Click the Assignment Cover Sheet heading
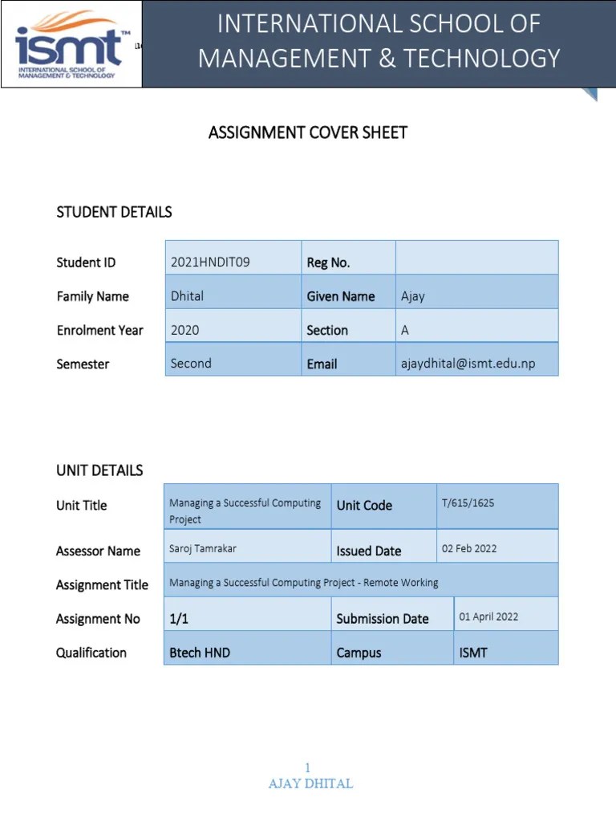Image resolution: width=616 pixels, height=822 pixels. point(308,132)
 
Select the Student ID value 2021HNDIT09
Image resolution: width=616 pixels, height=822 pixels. point(210,262)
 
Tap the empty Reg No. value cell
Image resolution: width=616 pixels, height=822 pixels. point(476,258)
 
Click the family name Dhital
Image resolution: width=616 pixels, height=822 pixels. point(187,296)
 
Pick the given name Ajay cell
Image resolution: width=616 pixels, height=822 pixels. point(413,296)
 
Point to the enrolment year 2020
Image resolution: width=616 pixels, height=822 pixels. point(185,330)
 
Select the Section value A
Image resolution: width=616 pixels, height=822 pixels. point(405,330)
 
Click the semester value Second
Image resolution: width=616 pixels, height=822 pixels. point(191,363)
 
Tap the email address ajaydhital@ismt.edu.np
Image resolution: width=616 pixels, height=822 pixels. point(468,364)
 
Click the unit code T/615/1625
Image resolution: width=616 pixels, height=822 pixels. point(468,503)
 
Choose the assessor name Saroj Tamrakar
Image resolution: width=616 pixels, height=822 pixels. point(203,549)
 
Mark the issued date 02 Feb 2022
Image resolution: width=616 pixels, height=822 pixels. point(469,549)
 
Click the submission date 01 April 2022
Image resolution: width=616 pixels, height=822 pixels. point(488,616)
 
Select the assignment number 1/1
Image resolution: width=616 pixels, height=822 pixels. point(178,618)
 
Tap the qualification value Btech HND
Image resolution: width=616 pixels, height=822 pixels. point(200,653)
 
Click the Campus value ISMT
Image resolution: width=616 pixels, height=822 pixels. point(473,653)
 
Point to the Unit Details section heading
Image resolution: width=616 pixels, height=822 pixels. point(99,470)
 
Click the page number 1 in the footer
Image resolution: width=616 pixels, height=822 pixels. point(307,768)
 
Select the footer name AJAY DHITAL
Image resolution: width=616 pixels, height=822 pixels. point(310,783)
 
